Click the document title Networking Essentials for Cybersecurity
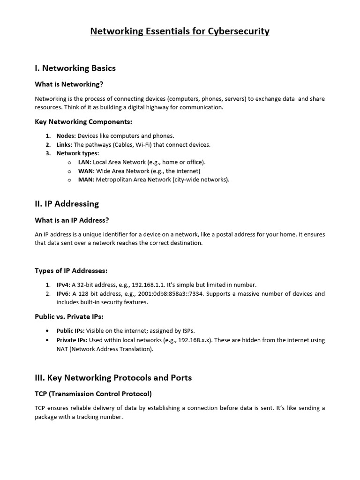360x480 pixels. (x=180, y=31)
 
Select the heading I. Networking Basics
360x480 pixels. (x=75, y=68)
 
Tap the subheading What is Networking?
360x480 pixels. (x=68, y=84)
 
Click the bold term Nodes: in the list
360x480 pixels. (x=66, y=136)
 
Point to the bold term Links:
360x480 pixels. (x=64, y=144)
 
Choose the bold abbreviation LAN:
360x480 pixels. (x=85, y=162)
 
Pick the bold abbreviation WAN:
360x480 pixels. (x=86, y=171)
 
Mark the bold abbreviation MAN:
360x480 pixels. (x=86, y=180)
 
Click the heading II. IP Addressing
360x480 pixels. (x=67, y=204)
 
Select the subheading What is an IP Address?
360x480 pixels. (x=72, y=220)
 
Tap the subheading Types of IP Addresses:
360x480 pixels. (x=71, y=271)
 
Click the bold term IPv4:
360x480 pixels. (x=63, y=285)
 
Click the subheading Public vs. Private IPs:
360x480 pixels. (x=69, y=317)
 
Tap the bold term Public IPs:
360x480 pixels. (x=70, y=331)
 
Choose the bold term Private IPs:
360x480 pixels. (x=72, y=340)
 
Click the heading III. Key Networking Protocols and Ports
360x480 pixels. (x=113, y=378)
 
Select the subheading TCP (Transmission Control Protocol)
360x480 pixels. (x=93, y=394)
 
